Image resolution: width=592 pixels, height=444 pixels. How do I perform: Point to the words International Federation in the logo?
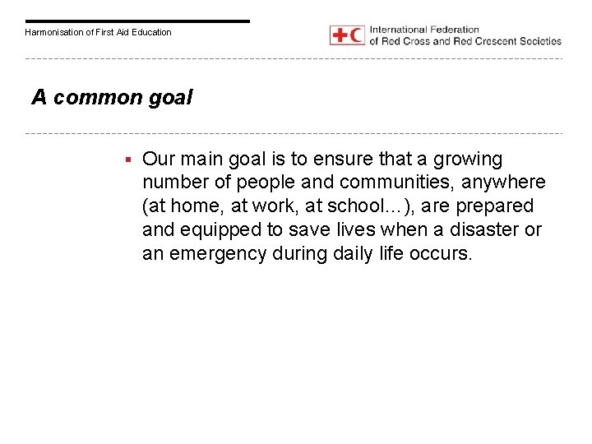(x=424, y=30)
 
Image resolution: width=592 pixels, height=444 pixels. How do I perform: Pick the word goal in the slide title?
(x=172, y=99)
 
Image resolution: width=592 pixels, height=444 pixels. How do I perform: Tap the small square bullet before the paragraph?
(x=129, y=159)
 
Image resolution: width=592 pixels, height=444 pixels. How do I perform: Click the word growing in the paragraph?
(x=469, y=159)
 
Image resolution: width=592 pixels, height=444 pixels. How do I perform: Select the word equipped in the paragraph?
(x=217, y=230)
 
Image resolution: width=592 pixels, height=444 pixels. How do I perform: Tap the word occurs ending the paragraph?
(x=442, y=254)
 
